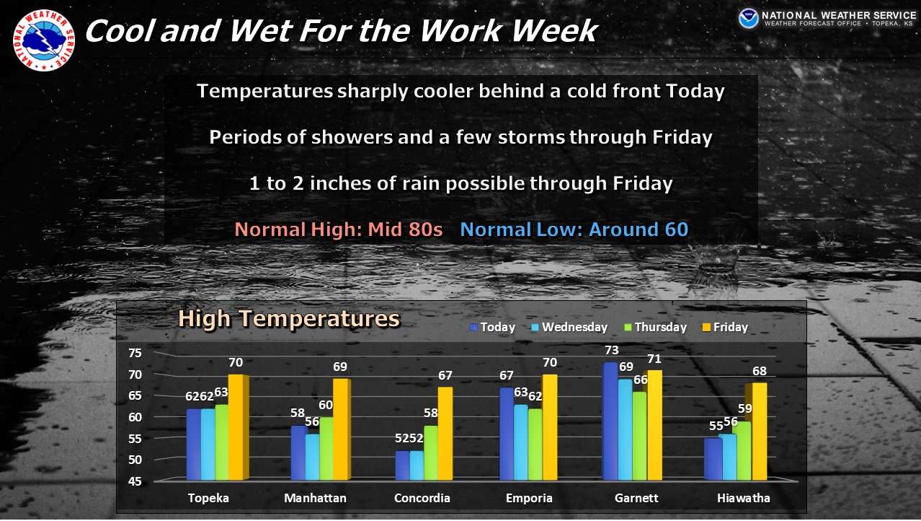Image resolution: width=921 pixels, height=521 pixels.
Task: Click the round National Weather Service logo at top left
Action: (x=43, y=40)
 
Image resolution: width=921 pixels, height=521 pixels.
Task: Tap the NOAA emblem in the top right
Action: (x=748, y=19)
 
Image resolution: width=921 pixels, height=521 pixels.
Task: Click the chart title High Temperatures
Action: (x=288, y=318)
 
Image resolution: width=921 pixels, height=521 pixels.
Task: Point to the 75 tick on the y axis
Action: (x=135, y=353)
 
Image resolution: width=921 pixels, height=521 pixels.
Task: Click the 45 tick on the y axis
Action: (x=135, y=481)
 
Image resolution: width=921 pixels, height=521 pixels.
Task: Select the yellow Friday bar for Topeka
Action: (x=236, y=427)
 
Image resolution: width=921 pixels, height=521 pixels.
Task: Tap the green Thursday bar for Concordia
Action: (x=431, y=452)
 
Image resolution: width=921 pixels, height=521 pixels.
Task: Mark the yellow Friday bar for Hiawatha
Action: (x=759, y=431)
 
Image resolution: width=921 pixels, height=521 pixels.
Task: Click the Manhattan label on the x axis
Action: (x=315, y=499)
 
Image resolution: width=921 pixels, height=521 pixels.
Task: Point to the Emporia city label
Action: (x=529, y=499)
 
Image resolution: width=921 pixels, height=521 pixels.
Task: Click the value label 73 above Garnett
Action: (x=612, y=351)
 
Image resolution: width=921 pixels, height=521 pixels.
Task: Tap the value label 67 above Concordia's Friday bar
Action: (x=445, y=376)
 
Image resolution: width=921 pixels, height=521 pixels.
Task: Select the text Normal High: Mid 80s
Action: (x=339, y=230)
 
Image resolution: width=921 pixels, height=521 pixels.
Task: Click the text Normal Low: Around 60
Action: (x=574, y=230)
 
